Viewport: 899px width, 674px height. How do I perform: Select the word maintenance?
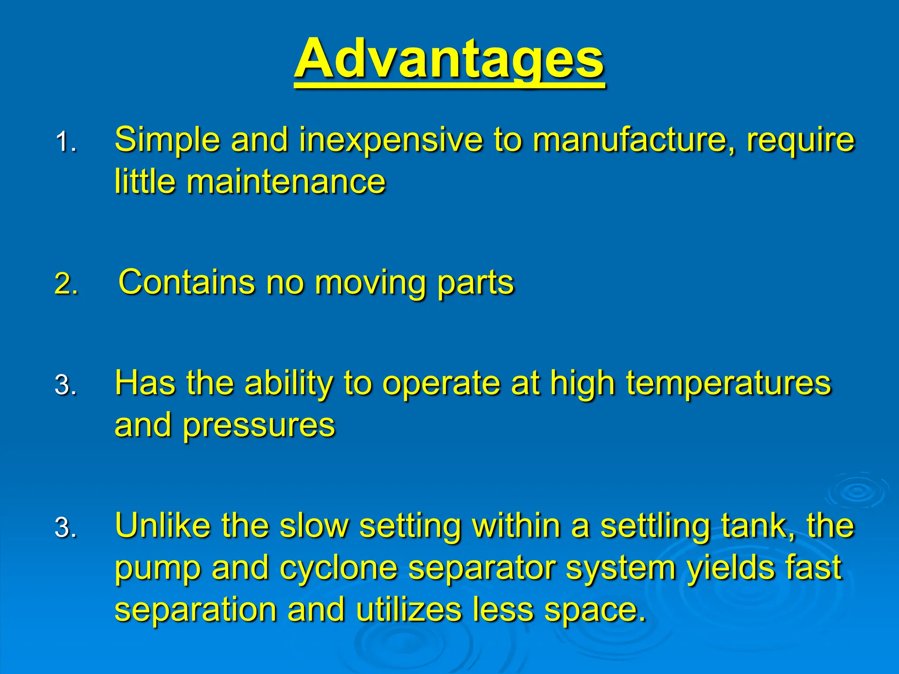click(x=286, y=182)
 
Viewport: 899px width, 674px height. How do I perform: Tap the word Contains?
click(x=187, y=282)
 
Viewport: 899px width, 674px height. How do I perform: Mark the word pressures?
click(x=259, y=426)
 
